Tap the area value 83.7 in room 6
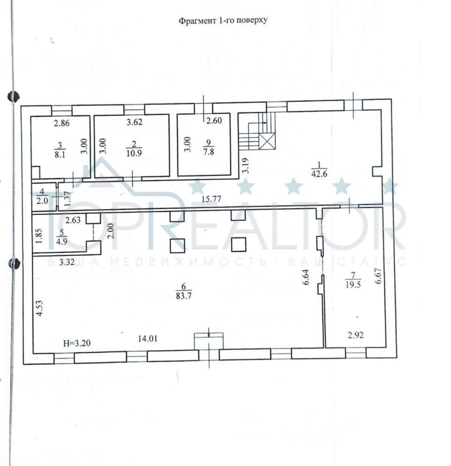(x=183, y=296)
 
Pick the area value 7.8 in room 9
(x=207, y=150)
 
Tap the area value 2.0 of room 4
(x=42, y=199)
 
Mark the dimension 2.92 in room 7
(x=355, y=335)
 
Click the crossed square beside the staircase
(x=267, y=141)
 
